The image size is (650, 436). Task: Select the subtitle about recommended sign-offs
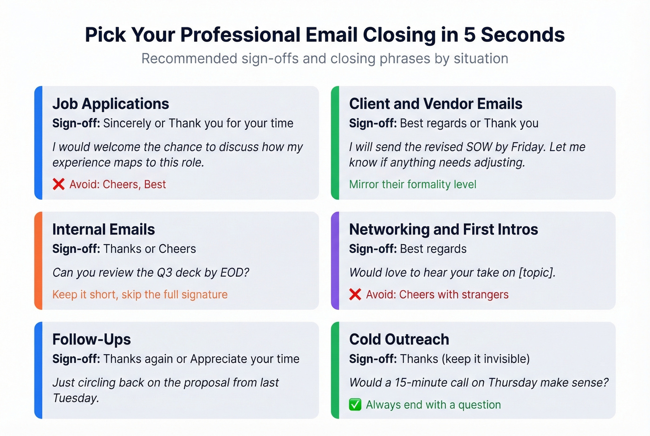325,59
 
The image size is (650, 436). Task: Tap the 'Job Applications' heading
110,104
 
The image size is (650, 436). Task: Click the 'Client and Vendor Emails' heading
435,104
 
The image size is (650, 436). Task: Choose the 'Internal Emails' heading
104,229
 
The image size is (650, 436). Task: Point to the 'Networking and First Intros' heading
443,229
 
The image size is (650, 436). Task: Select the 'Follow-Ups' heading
91,339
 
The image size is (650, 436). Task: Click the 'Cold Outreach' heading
399,339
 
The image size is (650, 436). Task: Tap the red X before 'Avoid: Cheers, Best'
58,184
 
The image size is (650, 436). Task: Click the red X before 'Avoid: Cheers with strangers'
355,294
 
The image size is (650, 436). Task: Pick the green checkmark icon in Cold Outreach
355,405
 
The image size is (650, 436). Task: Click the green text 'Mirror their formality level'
412,184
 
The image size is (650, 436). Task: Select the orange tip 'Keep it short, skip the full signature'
140,294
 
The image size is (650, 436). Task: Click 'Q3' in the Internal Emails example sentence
164,273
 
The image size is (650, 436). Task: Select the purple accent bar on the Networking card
335,260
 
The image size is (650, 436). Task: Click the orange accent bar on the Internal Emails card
39,260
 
